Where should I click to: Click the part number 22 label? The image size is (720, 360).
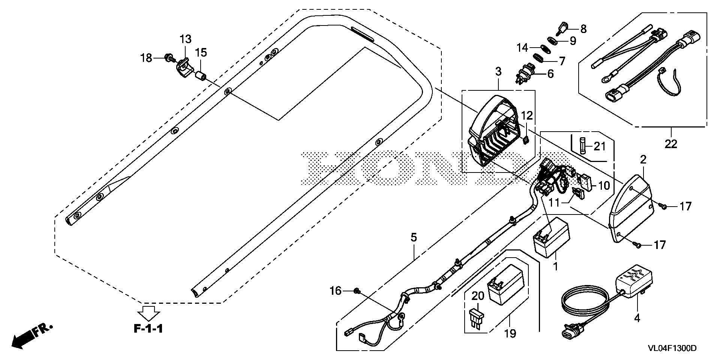[x=671, y=144]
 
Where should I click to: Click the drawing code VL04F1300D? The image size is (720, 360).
[x=672, y=348]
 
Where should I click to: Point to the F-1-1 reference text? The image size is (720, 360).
[x=149, y=329]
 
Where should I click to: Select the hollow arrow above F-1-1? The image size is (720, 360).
[x=149, y=312]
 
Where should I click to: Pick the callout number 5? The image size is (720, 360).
[x=413, y=237]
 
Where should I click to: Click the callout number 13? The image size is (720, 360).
[x=185, y=39]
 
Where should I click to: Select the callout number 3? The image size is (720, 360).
[x=498, y=72]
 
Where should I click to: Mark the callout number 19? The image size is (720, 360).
[x=510, y=333]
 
